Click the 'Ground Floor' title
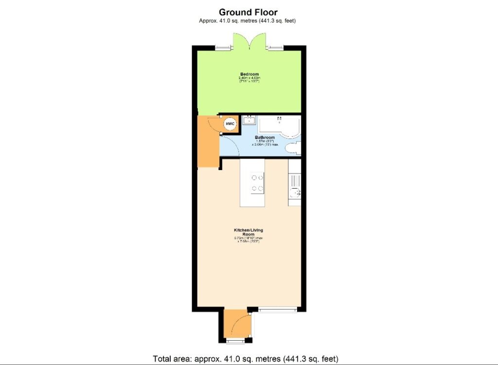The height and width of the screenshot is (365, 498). coord(248,12)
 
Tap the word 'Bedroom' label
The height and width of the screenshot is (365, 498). coord(249,74)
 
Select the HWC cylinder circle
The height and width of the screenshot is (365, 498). coord(230,124)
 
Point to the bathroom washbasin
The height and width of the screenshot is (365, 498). coord(249,120)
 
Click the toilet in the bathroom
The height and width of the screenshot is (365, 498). coord(294,149)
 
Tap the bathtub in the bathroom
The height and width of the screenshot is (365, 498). coord(278,124)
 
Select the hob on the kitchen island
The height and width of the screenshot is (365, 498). coord(258,183)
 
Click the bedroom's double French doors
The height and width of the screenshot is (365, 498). coord(249,41)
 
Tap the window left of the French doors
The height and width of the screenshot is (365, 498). coord(224,47)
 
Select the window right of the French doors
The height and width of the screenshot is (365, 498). coord(275,47)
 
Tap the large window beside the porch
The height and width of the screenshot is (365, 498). coord(277,308)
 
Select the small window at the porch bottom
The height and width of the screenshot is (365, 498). coord(236,341)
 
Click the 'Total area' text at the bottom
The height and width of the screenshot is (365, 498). coord(246,359)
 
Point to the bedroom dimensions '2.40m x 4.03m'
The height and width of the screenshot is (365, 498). coord(249,78)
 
